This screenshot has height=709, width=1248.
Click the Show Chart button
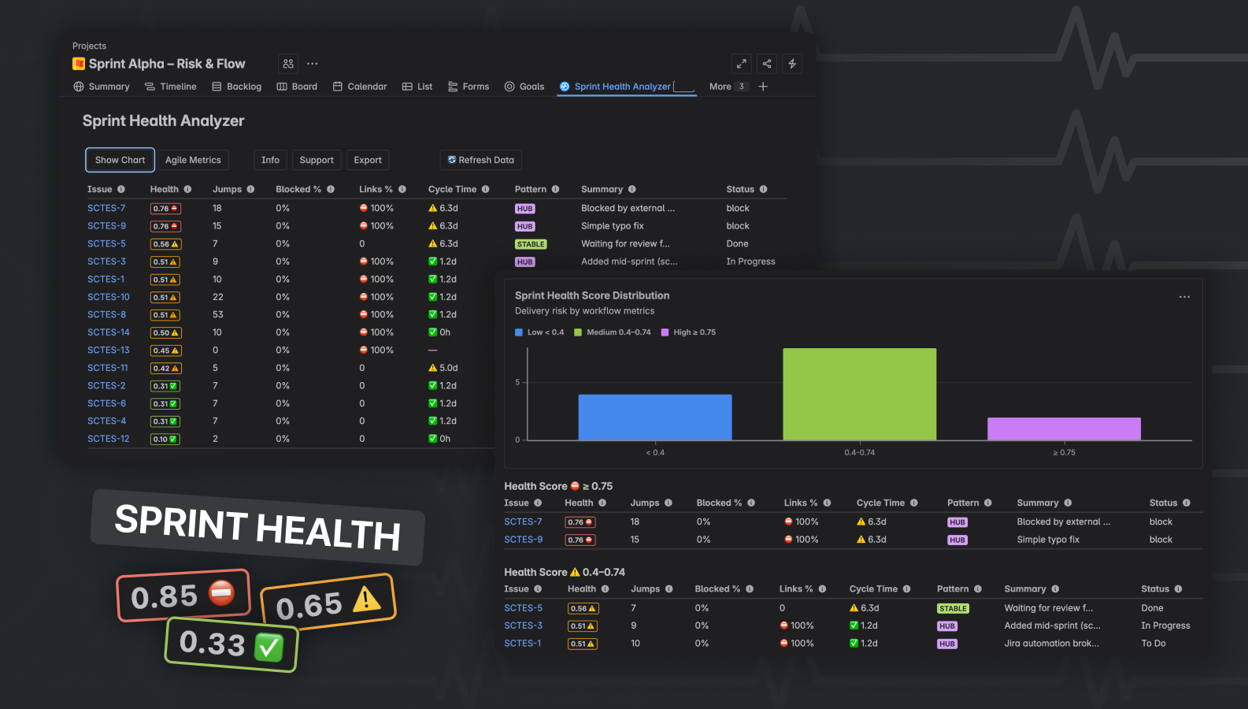click(120, 160)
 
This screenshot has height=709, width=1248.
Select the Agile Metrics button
click(193, 160)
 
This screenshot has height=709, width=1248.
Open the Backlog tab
click(236, 87)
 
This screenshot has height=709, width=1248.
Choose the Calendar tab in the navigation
click(360, 87)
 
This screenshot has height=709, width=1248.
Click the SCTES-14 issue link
click(109, 332)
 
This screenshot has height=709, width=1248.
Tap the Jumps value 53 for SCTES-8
click(218, 314)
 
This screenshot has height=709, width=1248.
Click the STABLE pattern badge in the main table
click(531, 244)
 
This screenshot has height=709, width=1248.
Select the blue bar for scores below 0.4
click(655, 417)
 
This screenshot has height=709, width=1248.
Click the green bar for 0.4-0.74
click(859, 394)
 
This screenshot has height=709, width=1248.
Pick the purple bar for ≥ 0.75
click(1064, 429)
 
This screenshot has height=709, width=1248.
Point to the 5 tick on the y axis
click(517, 382)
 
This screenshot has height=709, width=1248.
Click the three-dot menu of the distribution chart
click(1184, 297)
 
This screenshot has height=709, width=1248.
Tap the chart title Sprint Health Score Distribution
click(592, 295)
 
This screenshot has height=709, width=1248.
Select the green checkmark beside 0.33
click(268, 648)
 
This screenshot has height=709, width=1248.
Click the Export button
click(368, 160)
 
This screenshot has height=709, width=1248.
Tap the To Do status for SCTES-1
click(1154, 644)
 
